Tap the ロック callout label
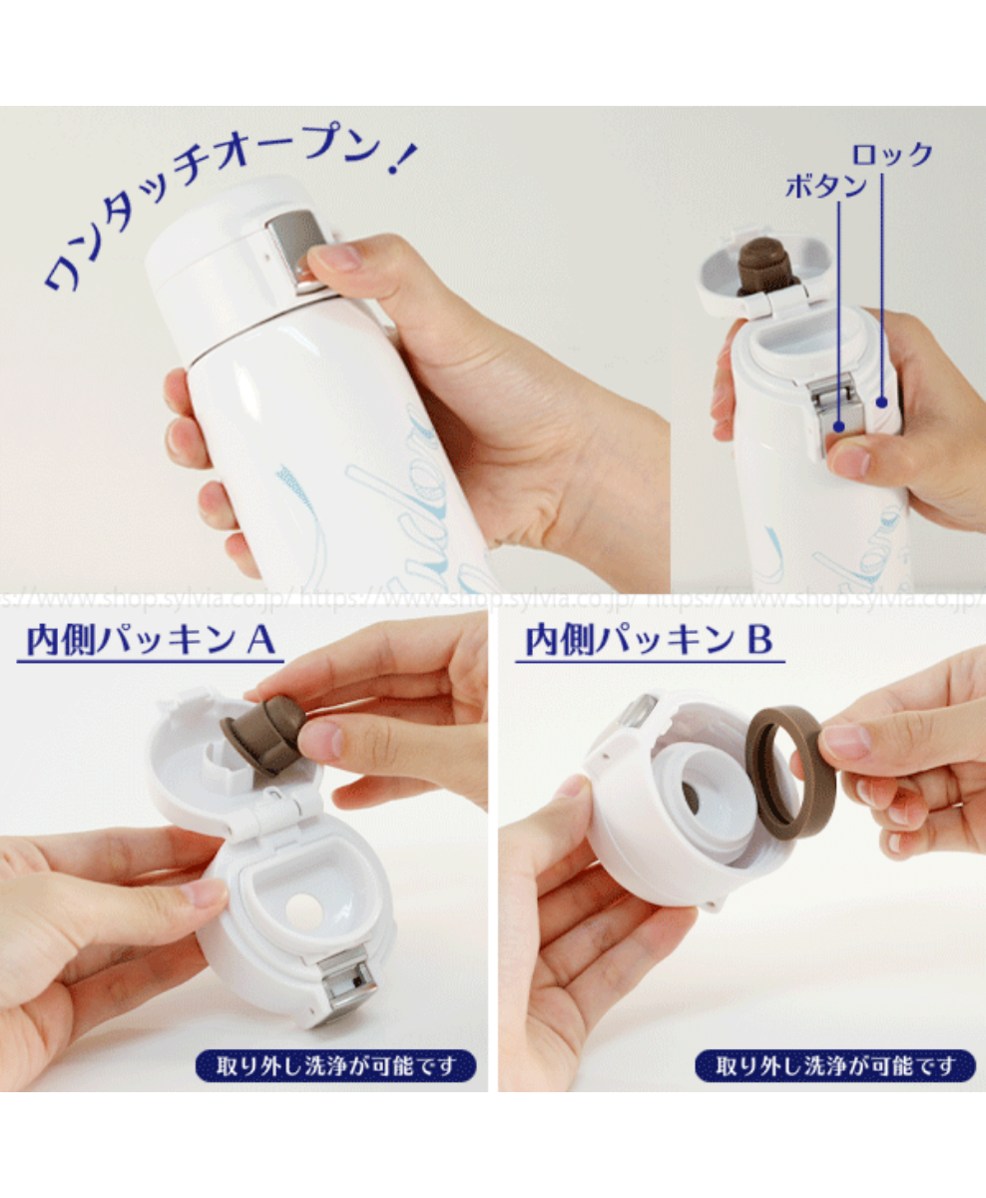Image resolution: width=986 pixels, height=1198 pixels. pyautogui.click(x=891, y=155)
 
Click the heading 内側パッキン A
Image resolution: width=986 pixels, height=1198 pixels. pyautogui.click(x=150, y=641)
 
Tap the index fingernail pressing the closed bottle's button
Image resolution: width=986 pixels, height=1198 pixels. pyautogui.click(x=337, y=257)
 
